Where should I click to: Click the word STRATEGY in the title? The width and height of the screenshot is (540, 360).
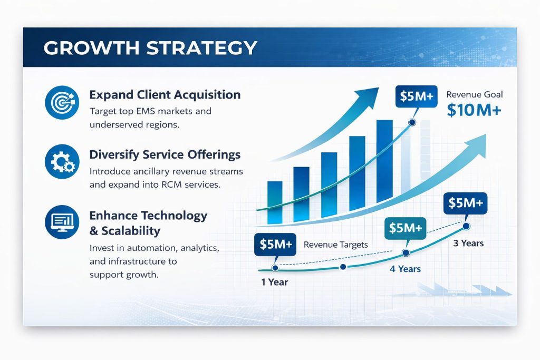[x=201, y=48]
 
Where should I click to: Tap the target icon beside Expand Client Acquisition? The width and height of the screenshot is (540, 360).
[x=62, y=102]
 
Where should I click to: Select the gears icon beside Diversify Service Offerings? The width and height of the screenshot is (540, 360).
[x=62, y=161]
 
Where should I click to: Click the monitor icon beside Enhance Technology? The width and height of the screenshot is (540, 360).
[x=62, y=222]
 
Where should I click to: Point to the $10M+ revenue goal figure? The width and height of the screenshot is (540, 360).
[x=474, y=110]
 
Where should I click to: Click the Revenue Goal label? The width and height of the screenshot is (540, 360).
[x=474, y=94]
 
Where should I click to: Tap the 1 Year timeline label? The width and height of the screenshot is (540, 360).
[x=274, y=282]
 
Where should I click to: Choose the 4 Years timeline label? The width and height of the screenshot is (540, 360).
[x=405, y=269]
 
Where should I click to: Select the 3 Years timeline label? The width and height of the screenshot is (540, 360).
[x=468, y=244]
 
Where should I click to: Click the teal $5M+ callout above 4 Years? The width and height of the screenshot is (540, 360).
[x=405, y=228]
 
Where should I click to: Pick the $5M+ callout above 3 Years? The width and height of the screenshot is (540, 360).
[x=465, y=203]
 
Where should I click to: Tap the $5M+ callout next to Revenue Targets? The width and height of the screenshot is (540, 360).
[x=275, y=245]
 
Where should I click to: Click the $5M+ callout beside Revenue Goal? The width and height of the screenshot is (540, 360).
[x=417, y=96]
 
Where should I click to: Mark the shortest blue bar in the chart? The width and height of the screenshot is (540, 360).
[x=275, y=202]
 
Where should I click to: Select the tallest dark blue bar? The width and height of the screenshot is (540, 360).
[x=384, y=161]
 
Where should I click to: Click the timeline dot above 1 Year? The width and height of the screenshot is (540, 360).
[x=275, y=268]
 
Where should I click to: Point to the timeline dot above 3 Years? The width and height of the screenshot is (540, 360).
[x=466, y=226]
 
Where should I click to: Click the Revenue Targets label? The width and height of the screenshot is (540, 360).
[x=336, y=245]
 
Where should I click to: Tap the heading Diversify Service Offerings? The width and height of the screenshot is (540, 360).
[x=165, y=154]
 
